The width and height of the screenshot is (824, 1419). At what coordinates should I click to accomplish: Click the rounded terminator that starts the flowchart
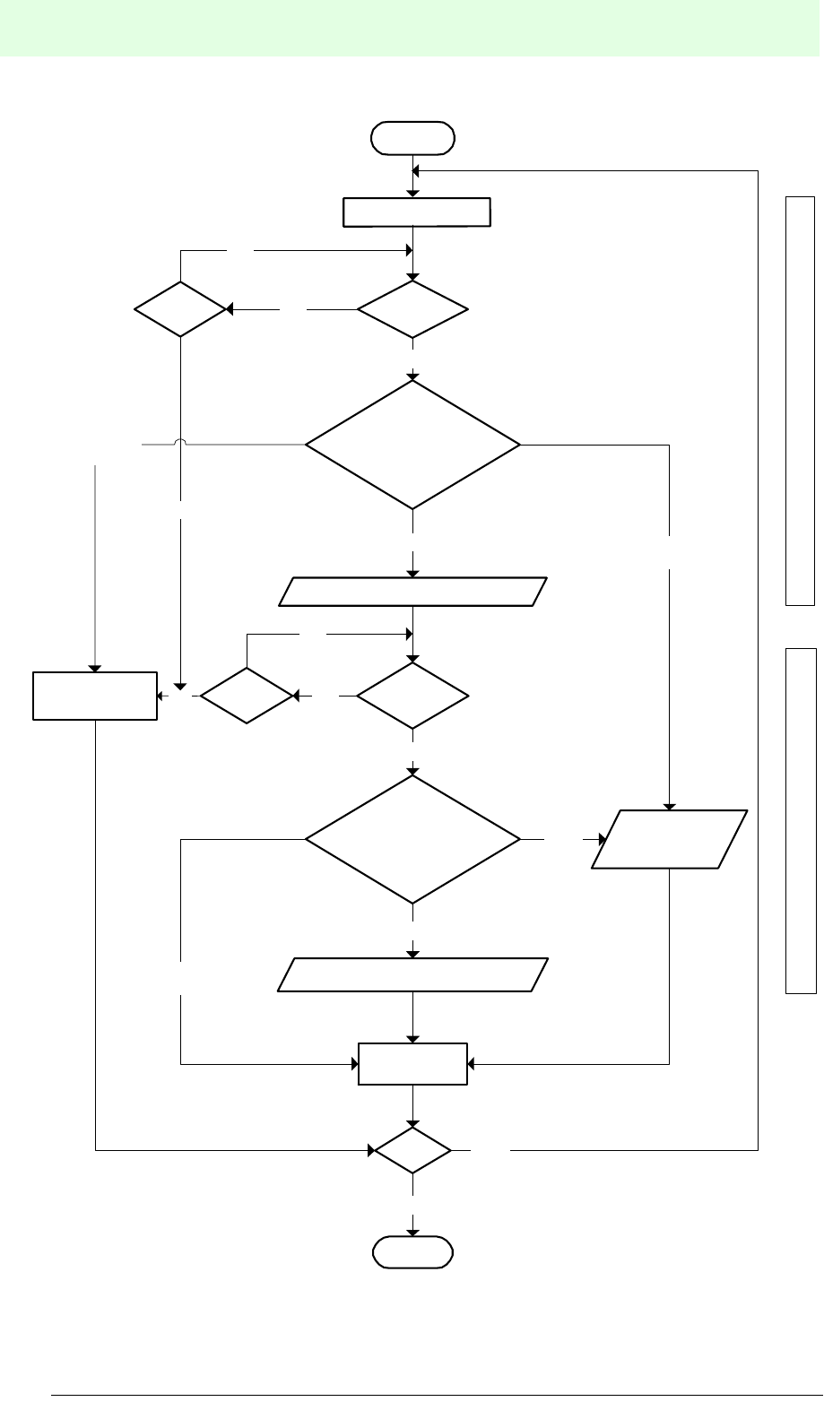[x=413, y=138]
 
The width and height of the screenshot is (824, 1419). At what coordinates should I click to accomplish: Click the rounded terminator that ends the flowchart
[x=413, y=1252]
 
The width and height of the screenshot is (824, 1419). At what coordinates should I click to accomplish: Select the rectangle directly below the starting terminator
[x=417, y=212]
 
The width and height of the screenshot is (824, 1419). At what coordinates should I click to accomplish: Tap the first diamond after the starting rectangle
[x=412, y=309]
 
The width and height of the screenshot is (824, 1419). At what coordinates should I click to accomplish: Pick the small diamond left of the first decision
[x=180, y=309]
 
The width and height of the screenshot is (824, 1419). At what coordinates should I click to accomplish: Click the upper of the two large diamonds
[x=412, y=445]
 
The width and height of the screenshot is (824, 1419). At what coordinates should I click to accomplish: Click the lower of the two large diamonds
[x=412, y=839]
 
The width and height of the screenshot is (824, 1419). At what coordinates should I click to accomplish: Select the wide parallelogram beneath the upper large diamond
[x=412, y=592]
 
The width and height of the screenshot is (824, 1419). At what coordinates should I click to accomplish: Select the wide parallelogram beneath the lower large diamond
[x=412, y=974]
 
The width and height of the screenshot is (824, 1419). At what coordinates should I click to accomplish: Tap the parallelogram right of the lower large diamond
[x=670, y=839]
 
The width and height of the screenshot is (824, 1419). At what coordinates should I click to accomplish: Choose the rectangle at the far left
[x=95, y=696]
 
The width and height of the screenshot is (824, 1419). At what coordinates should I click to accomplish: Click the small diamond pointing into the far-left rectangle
[x=247, y=696]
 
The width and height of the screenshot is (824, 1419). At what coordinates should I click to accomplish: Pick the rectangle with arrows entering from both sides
[x=412, y=1064]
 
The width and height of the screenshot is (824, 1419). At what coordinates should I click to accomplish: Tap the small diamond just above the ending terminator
[x=412, y=1149]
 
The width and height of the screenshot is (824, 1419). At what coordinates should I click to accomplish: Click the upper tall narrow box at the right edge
[x=801, y=400]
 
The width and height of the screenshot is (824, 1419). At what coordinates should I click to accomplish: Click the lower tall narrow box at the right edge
[x=801, y=819]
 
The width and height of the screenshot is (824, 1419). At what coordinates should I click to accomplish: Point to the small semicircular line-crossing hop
[x=180, y=441]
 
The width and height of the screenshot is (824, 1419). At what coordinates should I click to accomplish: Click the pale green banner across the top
[x=412, y=29]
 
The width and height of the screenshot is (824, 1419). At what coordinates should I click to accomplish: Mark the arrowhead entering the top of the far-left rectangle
[x=95, y=668]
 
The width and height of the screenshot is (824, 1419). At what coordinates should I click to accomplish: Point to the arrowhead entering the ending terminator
[x=413, y=1231]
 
